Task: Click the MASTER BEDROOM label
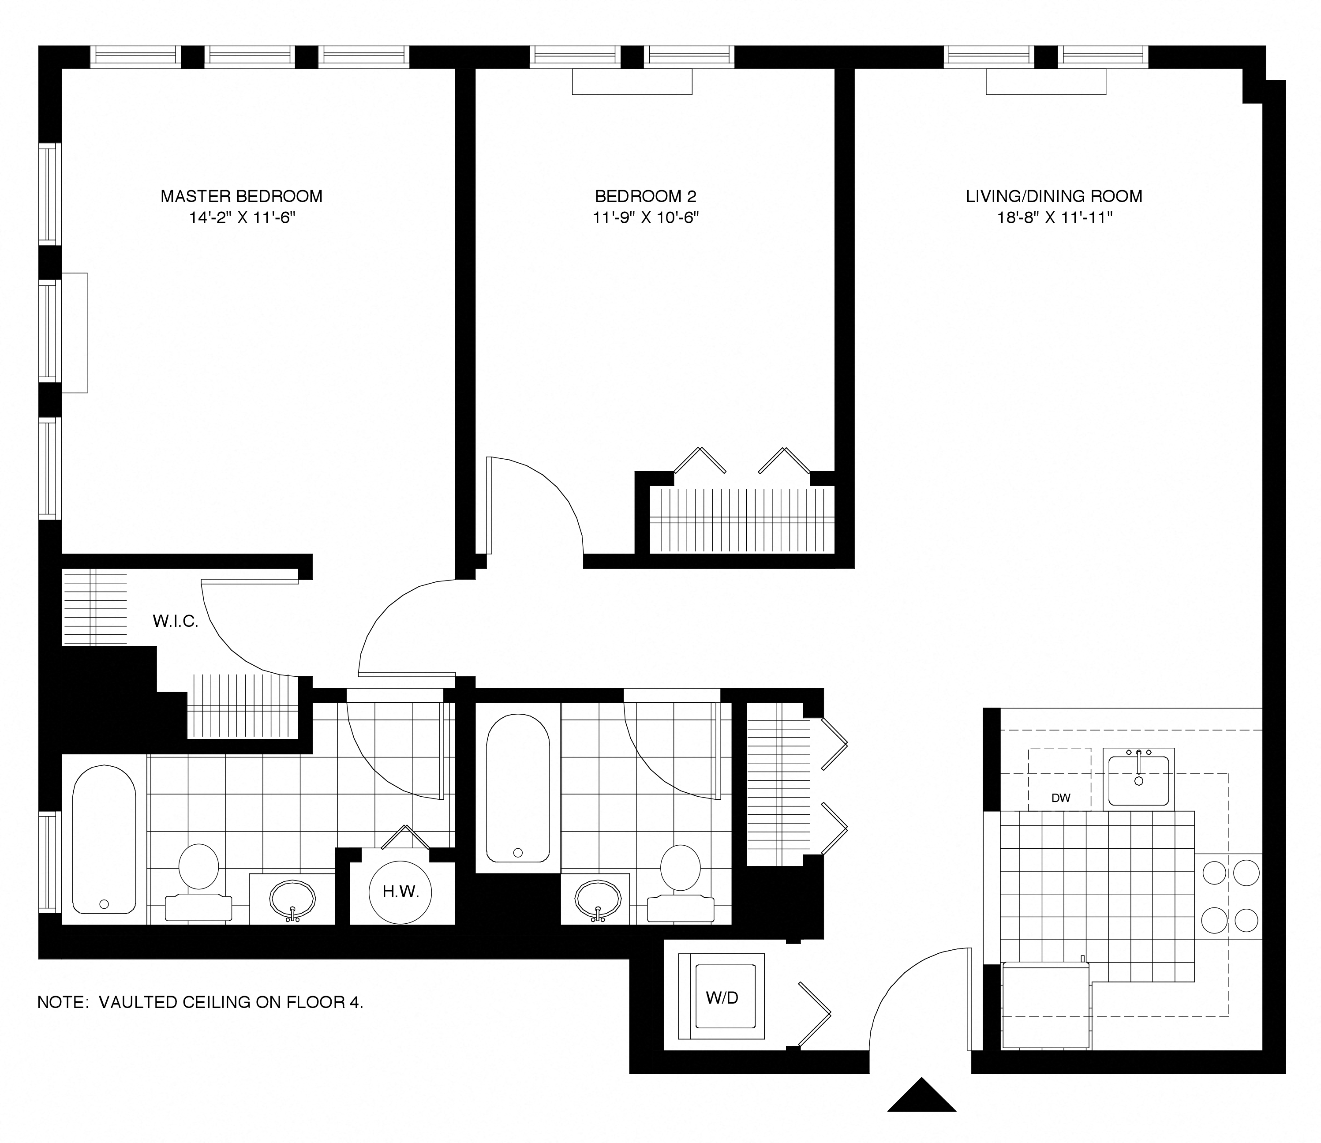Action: point(241,196)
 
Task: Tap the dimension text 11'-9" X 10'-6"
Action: point(646,218)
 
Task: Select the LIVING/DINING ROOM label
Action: point(1054,196)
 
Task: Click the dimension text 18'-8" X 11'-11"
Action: point(1055,218)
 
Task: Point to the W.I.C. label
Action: point(176,621)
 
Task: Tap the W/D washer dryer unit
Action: point(722,997)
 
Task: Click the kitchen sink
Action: point(1138,780)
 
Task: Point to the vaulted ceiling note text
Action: point(200,1002)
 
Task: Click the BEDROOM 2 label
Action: point(646,196)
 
